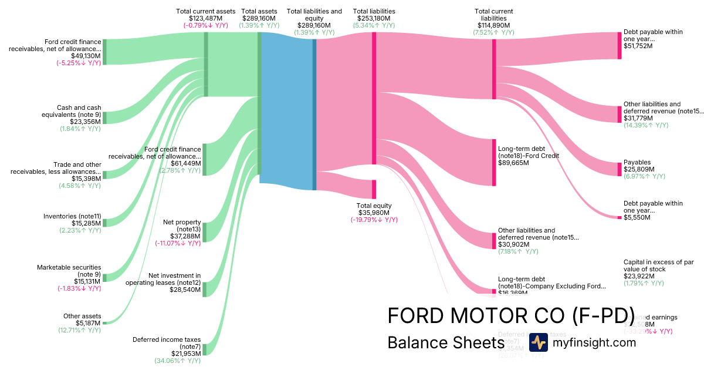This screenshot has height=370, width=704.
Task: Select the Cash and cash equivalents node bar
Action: (x=104, y=118)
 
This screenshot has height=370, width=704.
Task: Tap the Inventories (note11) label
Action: (x=72, y=216)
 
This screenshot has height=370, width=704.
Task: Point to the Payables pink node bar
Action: (x=619, y=169)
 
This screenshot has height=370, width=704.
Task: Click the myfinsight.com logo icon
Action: (x=538, y=342)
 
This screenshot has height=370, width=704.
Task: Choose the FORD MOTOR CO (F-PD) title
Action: (x=510, y=315)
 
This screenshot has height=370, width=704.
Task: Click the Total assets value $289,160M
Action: (x=260, y=18)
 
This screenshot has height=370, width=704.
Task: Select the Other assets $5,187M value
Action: (x=88, y=323)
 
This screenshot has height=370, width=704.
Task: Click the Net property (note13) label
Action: (x=182, y=226)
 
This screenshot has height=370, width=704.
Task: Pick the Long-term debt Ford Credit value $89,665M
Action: (x=513, y=163)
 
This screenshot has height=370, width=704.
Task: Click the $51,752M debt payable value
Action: (x=638, y=46)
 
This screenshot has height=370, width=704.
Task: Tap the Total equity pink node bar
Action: (x=374, y=189)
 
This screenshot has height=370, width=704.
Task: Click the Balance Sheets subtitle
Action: (x=442, y=343)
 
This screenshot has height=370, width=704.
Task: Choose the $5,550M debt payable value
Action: (x=637, y=217)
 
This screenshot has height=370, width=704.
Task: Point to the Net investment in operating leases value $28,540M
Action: (x=185, y=290)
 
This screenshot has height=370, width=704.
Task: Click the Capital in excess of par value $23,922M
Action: (x=640, y=276)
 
